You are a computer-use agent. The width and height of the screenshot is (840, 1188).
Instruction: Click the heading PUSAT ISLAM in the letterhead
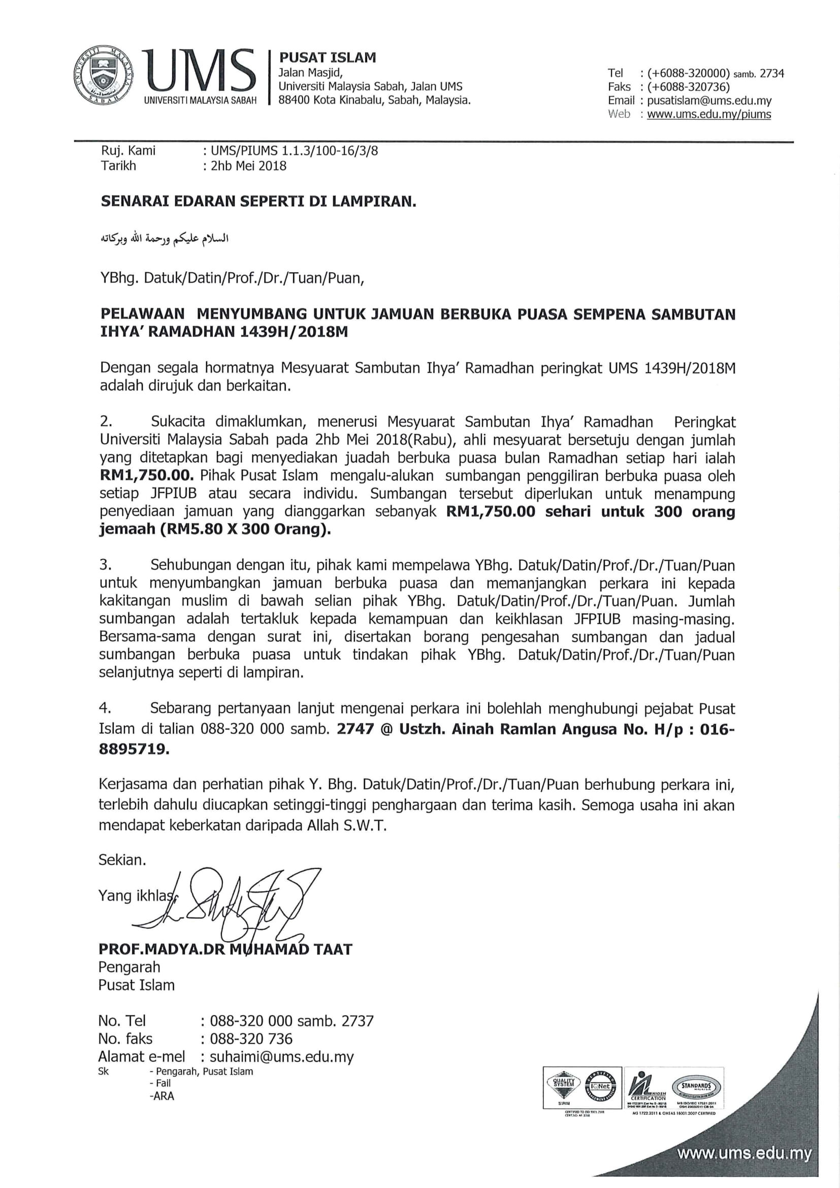tap(328, 57)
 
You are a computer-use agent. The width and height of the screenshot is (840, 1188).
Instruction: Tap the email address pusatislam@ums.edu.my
tap(709, 101)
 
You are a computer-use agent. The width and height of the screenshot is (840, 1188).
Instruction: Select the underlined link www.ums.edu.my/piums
tap(708, 114)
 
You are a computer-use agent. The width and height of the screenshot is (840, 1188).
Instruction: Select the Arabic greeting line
tap(165, 239)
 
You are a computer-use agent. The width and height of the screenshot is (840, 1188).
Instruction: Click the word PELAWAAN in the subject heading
tap(143, 314)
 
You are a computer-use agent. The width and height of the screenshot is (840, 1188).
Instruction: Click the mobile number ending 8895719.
tap(134, 749)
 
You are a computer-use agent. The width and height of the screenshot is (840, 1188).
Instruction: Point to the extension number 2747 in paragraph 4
tap(355, 729)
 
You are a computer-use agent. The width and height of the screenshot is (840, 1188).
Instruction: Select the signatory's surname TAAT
tap(332, 949)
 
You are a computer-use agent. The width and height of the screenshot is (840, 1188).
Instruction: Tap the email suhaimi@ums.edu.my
tap(281, 1056)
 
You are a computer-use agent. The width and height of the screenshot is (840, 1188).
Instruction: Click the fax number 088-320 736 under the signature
tap(251, 1039)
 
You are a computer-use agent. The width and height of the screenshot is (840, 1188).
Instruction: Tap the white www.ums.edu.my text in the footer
tap(745, 1154)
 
